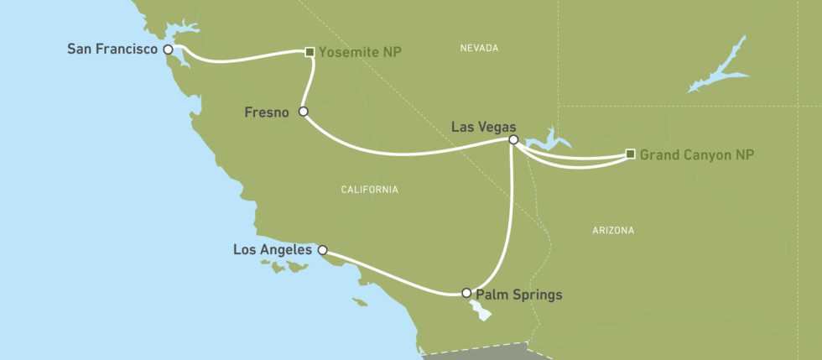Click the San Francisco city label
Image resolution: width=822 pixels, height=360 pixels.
(x=113, y=50)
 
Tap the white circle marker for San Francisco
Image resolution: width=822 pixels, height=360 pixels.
(x=169, y=50)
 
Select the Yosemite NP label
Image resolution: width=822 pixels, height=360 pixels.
(x=360, y=52)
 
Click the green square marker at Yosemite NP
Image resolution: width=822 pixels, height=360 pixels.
(x=310, y=52)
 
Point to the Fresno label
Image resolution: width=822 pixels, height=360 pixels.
(x=266, y=112)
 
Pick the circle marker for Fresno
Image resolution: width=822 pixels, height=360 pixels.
(x=304, y=111)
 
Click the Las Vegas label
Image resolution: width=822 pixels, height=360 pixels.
(x=484, y=127)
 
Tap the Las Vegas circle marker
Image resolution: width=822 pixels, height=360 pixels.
(x=513, y=140)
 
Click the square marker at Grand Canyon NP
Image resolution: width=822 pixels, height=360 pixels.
(x=630, y=154)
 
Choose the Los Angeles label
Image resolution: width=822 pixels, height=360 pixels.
(x=273, y=250)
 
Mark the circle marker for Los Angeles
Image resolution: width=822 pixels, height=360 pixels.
(x=322, y=250)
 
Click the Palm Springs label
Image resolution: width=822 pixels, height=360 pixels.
(x=518, y=295)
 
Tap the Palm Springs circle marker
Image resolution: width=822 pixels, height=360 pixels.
(x=467, y=293)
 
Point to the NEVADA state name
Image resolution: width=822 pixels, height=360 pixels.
(x=480, y=49)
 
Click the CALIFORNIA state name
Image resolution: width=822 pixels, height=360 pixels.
(x=369, y=190)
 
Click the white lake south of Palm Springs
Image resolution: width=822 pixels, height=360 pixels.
(x=481, y=310)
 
